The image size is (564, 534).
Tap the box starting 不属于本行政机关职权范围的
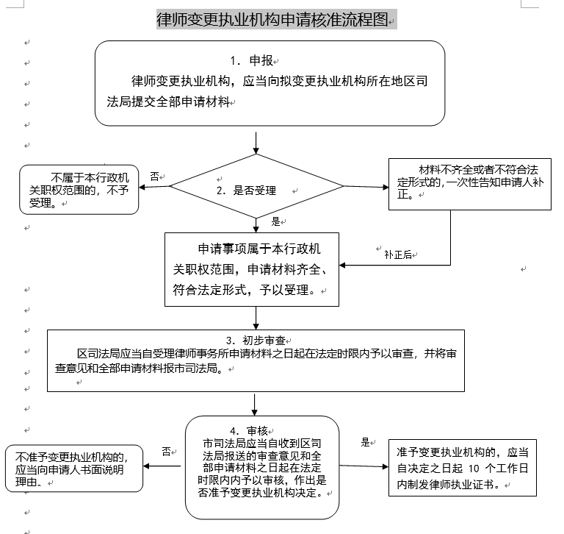79,189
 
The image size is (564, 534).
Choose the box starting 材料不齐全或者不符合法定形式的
469,184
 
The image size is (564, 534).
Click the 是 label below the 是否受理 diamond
276,221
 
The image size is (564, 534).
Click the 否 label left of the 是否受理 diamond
154,177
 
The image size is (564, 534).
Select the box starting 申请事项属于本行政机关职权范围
251,269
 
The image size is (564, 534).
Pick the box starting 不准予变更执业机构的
70,469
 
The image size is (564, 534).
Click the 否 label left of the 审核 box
166,450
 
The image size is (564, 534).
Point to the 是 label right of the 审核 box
365,442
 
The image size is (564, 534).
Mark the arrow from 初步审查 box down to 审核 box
256,403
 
